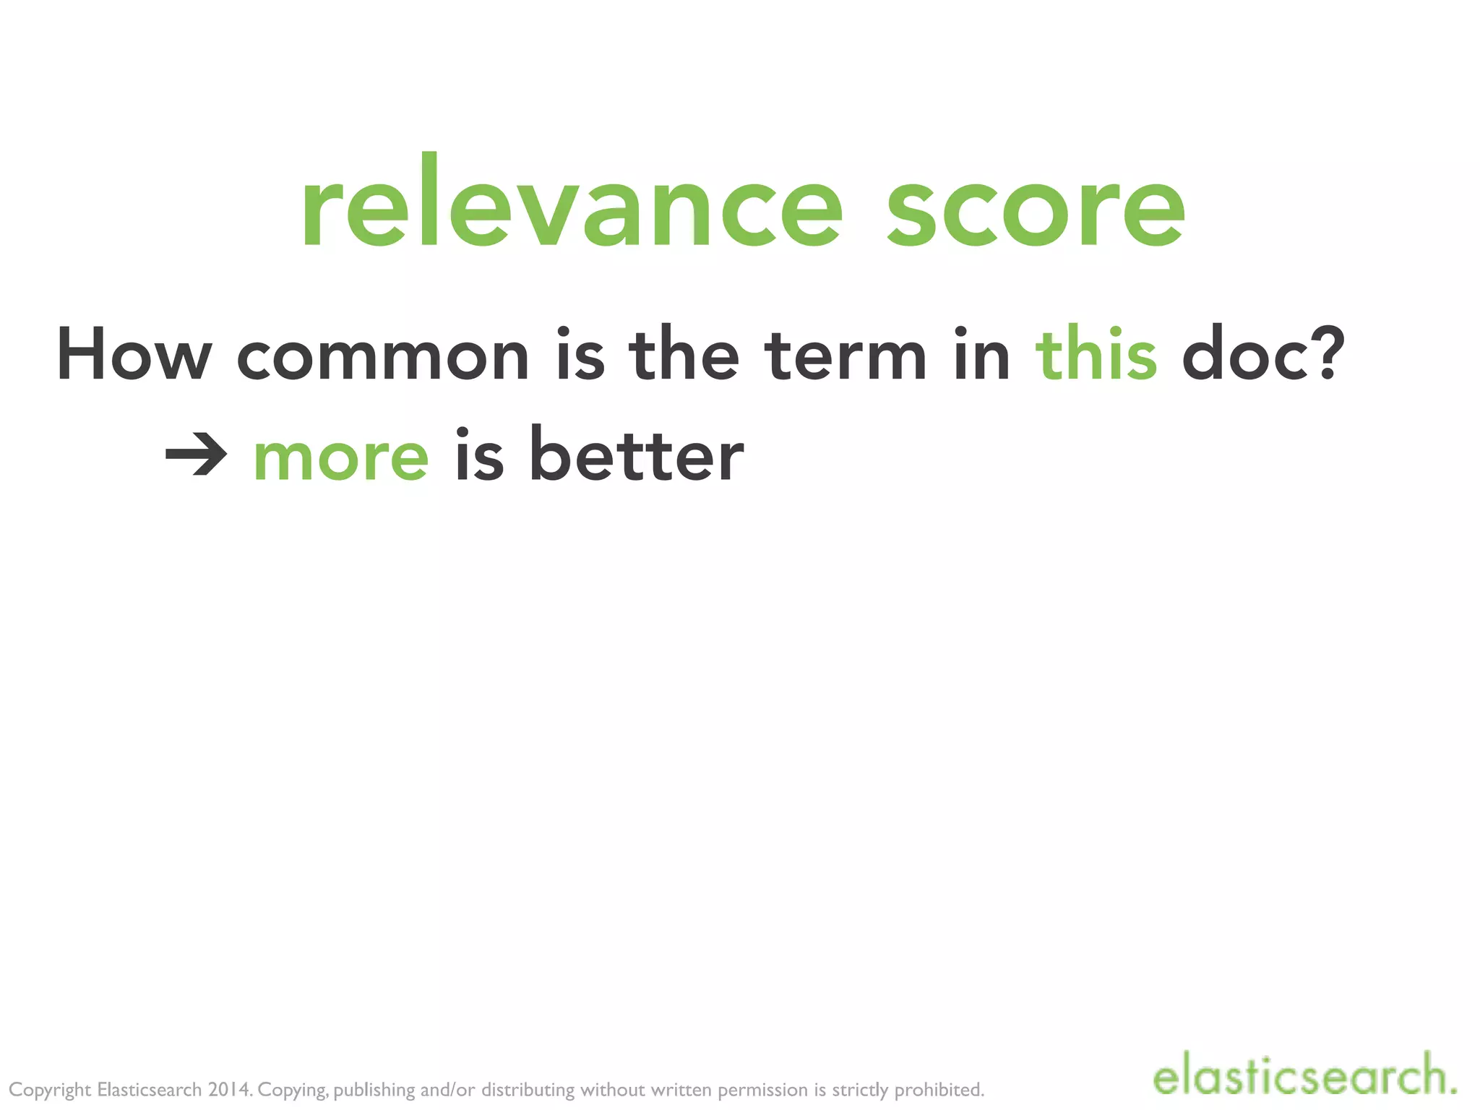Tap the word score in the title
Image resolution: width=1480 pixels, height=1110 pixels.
1036,210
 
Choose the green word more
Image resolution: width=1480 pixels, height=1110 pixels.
341,457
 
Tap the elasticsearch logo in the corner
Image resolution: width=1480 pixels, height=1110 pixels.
1304,1075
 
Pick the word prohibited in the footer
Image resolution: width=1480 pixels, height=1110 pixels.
939,1090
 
